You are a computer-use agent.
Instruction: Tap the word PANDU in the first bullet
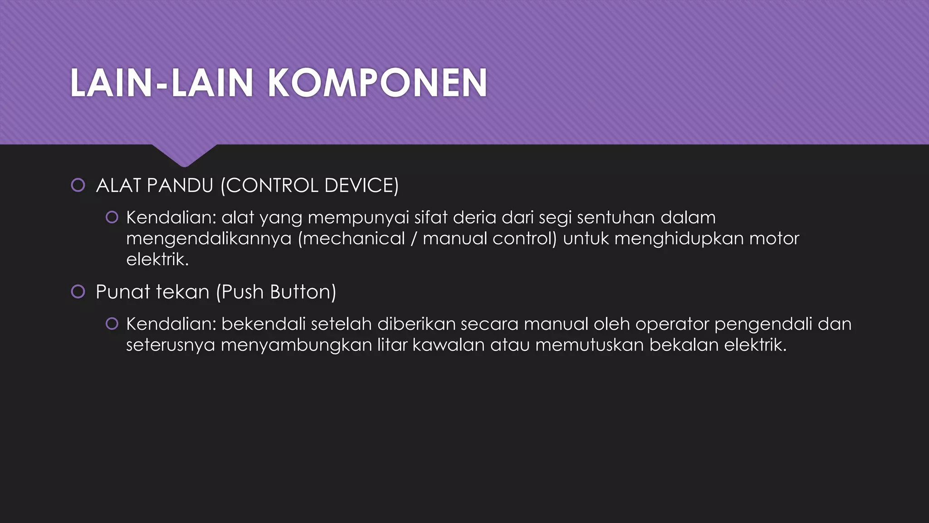click(x=180, y=186)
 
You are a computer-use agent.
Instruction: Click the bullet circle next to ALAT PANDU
click(x=78, y=185)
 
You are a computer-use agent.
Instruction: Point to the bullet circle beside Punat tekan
click(x=78, y=291)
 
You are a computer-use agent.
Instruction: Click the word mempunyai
click(x=358, y=218)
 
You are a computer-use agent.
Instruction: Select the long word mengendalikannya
click(x=209, y=239)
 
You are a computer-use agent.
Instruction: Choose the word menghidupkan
click(x=679, y=239)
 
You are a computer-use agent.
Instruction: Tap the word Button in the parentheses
click(x=303, y=292)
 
